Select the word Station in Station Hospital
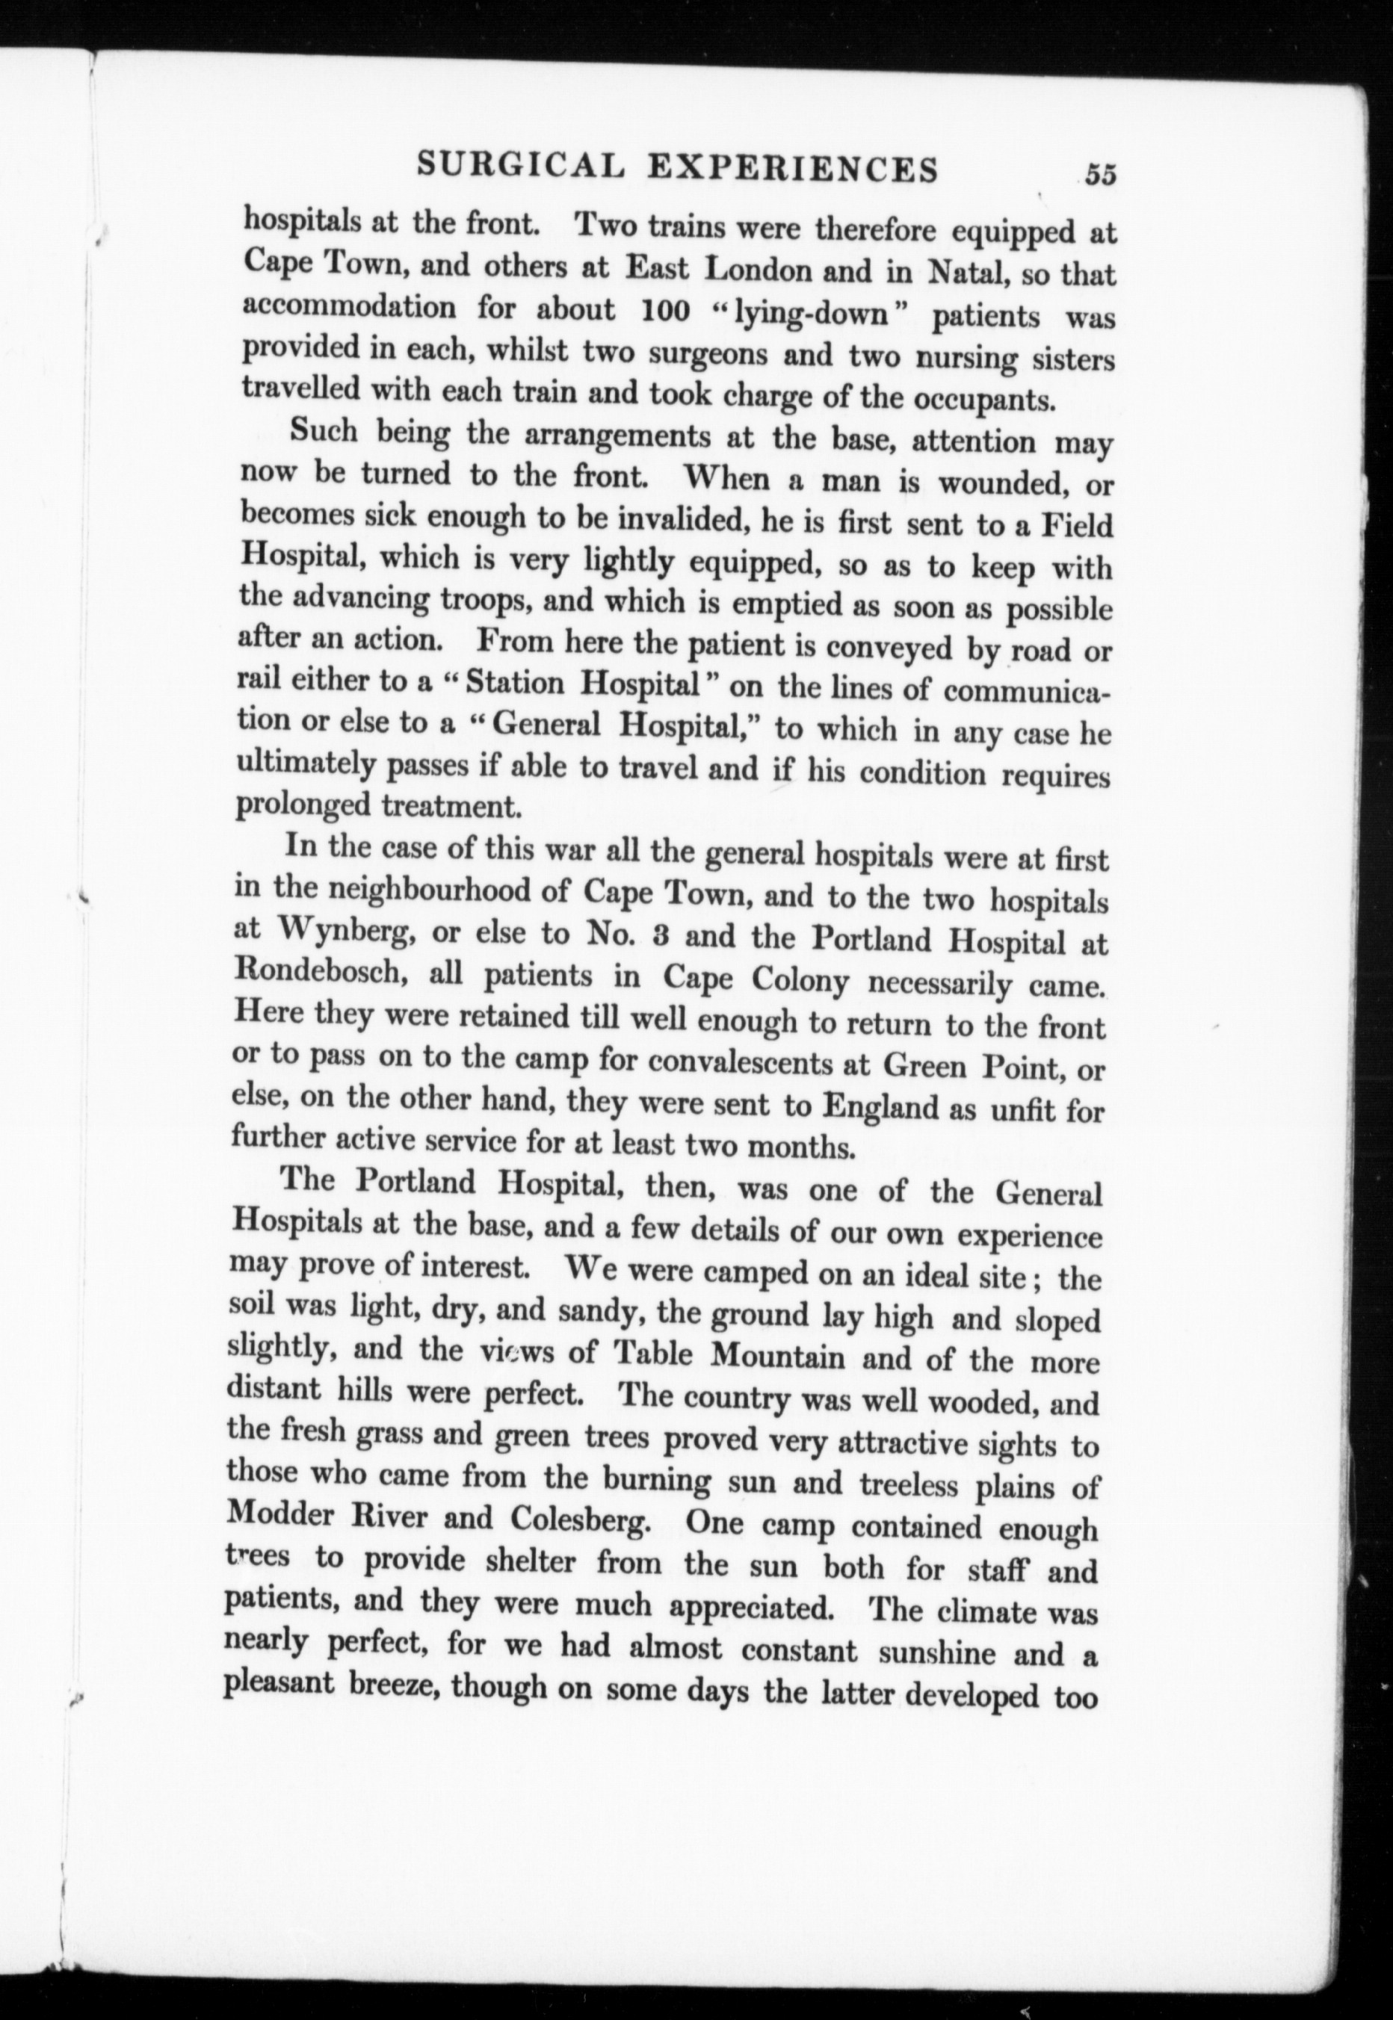515,684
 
